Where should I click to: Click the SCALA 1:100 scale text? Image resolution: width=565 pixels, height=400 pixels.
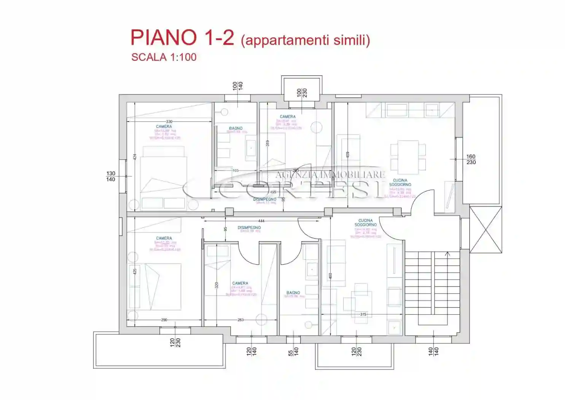pos(164,57)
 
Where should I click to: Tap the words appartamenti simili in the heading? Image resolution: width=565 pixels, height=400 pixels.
pos(306,40)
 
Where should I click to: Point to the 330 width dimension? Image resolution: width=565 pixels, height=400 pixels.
pos(169,122)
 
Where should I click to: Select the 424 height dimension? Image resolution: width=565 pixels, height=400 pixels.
pos(135,157)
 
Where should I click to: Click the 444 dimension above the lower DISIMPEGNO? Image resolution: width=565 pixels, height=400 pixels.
pos(261,221)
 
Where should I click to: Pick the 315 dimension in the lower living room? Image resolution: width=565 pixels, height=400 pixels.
pos(363,314)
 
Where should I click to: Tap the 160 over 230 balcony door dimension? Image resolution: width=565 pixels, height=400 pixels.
pos(471,159)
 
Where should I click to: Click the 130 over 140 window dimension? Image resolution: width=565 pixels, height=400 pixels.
pos(110,176)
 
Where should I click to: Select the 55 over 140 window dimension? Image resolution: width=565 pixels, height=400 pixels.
pos(293,351)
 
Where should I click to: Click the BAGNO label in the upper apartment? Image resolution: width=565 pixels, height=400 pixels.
pos(236,128)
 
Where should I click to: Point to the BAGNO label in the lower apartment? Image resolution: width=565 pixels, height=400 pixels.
pos(293,293)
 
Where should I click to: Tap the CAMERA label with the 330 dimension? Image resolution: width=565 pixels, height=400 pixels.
pos(164,126)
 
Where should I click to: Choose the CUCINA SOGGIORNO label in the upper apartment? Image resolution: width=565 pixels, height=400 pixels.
pos(400,182)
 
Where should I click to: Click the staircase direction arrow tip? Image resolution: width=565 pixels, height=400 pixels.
pos(447,253)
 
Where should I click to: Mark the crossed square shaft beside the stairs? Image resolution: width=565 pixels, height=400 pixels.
pos(486,230)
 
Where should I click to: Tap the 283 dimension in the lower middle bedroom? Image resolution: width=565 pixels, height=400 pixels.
pos(240,320)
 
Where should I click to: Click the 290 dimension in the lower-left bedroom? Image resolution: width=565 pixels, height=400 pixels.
pos(164,320)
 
